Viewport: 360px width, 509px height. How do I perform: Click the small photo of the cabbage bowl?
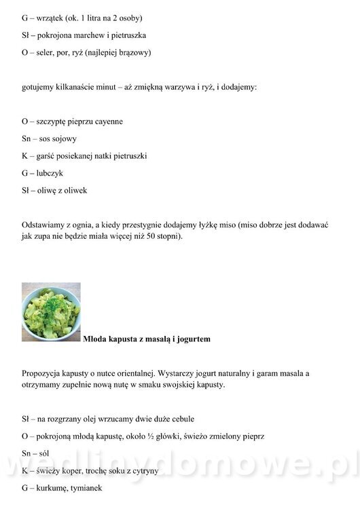click(x=51, y=312)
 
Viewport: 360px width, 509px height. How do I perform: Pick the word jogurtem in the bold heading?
click(x=192, y=339)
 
